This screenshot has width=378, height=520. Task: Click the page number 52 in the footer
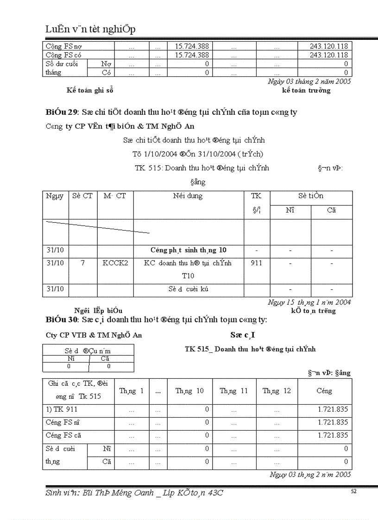coord(353,492)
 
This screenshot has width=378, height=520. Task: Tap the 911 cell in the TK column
coord(256,263)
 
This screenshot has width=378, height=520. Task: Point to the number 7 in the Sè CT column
coord(82,263)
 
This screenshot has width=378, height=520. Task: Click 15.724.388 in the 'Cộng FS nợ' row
coord(191,46)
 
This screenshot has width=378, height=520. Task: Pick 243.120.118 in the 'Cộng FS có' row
coord(329,55)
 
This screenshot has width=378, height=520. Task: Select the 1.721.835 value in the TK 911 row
coord(333,409)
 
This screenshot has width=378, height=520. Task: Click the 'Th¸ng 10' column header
coord(189,391)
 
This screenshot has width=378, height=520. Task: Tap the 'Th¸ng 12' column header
coord(277,391)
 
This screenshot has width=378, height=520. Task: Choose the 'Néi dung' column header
coord(188,196)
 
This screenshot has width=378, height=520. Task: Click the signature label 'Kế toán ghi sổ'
coord(90,90)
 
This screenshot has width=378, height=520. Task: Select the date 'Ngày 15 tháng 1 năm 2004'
coord(309,302)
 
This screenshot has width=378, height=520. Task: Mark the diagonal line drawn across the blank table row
coord(97,227)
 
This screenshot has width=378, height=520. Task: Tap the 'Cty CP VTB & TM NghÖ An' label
coord(94,335)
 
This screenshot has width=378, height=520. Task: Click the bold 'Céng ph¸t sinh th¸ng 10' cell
coord(188,250)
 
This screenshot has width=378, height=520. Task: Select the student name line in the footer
coord(134,493)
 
